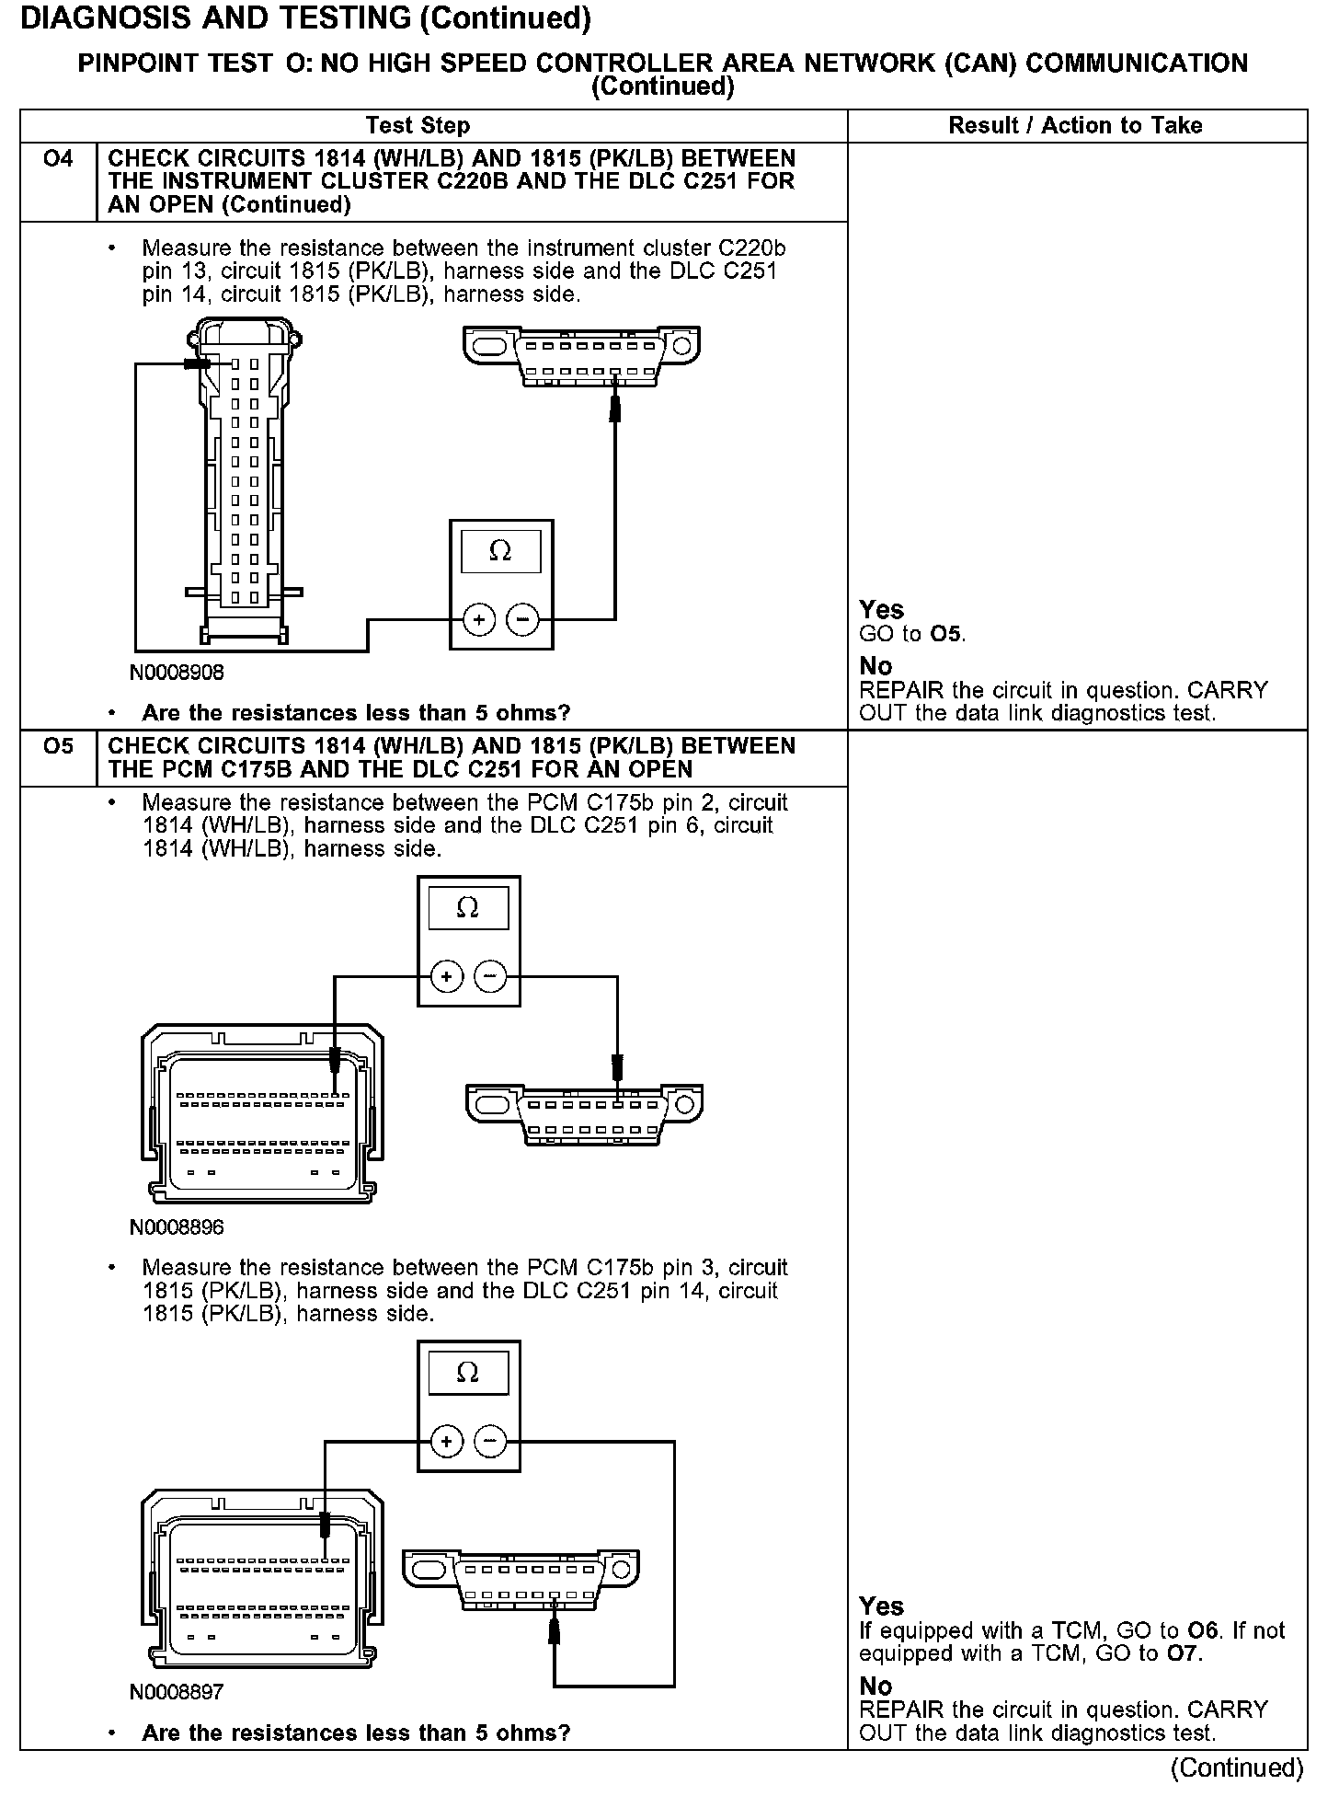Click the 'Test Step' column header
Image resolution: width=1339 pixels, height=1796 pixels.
coord(418,126)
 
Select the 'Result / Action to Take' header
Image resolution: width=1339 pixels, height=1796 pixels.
coord(1075,126)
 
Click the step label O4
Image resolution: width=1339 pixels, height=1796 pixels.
coord(58,159)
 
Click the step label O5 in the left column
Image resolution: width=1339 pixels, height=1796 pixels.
coord(58,746)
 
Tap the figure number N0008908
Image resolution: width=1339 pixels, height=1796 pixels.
coord(177,673)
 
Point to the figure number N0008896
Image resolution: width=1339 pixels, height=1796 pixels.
coord(177,1227)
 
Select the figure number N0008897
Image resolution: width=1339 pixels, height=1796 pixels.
coord(177,1692)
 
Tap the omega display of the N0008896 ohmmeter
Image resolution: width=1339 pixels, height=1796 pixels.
coord(468,909)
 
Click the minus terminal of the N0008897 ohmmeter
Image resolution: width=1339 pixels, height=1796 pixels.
coord(490,1441)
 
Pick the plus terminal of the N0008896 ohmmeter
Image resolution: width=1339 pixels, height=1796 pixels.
coord(447,976)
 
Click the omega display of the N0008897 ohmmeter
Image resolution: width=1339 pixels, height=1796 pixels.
coord(468,1374)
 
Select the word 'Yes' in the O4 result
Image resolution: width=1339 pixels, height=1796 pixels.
coord(881,610)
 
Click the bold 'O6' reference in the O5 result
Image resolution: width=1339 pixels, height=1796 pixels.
coord(1203,1631)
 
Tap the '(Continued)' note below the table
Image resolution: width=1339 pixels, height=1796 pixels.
coord(1237,1767)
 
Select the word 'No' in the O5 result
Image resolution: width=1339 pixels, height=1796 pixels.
coord(875,1687)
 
